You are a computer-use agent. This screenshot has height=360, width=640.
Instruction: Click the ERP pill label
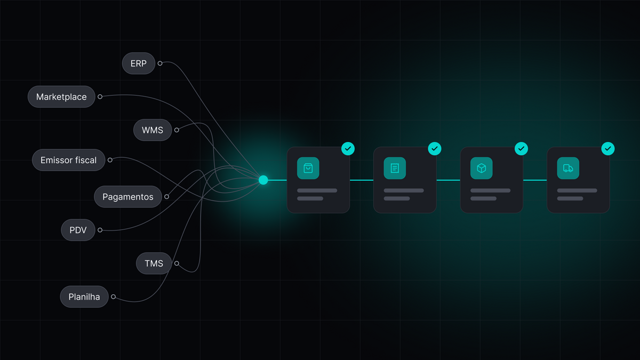pos(139,63)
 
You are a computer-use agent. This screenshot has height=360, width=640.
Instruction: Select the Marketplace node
pos(61,97)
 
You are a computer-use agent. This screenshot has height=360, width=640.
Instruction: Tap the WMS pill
pos(153,130)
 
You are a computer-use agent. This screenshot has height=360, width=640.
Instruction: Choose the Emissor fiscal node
pos(69,160)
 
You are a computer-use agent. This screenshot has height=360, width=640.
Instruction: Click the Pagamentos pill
pos(128,197)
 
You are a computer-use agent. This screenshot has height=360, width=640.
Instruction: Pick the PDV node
pos(78,230)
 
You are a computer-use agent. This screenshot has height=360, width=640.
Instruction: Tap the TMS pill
pos(154,263)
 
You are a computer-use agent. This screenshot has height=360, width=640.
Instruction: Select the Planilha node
pos(84,297)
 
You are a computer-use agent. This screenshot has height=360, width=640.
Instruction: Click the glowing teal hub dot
pos(263,180)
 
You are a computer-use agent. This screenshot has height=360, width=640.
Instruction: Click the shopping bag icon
pos(308,169)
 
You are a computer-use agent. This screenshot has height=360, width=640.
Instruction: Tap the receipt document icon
pos(395,169)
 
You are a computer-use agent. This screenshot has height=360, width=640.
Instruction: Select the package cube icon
pos(482,169)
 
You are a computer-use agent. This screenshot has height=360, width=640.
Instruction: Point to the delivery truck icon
pos(568,169)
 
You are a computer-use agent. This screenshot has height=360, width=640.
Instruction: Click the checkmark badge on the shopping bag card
pos(348,149)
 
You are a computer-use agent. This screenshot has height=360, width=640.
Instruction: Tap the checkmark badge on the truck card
pos(608,149)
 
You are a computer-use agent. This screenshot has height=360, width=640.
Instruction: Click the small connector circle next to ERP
pos(160,63)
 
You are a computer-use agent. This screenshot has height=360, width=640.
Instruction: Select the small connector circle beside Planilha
pos(114,297)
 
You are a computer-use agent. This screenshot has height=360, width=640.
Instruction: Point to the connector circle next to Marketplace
pos(100,97)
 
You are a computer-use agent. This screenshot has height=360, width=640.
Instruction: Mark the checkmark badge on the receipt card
pos(435,149)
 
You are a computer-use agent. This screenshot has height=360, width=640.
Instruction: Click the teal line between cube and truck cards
pos(535,180)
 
